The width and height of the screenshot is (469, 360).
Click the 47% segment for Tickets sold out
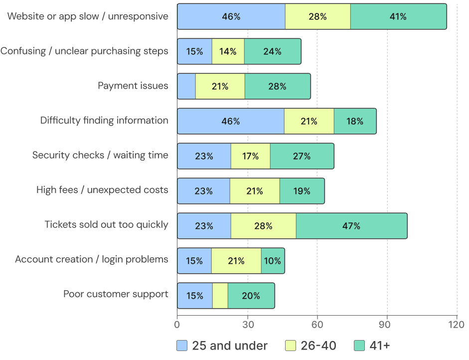click(x=351, y=226)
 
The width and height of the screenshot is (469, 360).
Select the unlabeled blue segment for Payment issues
click(x=186, y=86)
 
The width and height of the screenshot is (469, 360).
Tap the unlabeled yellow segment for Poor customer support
click(x=220, y=296)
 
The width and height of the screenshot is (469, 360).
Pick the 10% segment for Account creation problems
click(x=273, y=261)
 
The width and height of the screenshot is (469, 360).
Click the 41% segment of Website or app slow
click(x=398, y=16)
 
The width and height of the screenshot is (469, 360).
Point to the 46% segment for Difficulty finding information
click(x=230, y=121)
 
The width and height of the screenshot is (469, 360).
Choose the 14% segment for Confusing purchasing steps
click(x=228, y=51)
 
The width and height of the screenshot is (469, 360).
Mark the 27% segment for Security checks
click(x=302, y=156)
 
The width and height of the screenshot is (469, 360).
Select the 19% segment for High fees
click(x=302, y=191)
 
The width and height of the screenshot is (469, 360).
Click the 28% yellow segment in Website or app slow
click(x=317, y=16)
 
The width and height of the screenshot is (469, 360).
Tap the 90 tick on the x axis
click(x=387, y=325)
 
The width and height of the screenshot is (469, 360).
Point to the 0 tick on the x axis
click(x=177, y=325)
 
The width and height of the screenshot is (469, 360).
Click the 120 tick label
click(x=457, y=325)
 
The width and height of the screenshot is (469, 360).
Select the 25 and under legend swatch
click(x=182, y=346)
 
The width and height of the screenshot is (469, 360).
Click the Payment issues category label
click(x=133, y=86)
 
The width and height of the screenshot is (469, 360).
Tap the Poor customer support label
click(x=116, y=294)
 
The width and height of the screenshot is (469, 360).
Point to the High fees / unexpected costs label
click(x=102, y=190)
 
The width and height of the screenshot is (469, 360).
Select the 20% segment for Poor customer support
click(x=251, y=296)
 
